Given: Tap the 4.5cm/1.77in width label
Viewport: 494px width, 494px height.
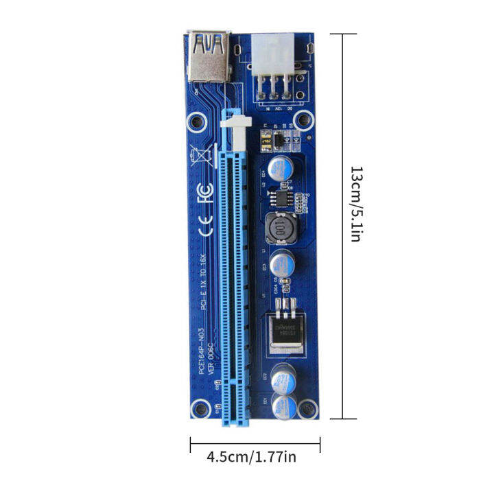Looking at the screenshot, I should (x=252, y=456).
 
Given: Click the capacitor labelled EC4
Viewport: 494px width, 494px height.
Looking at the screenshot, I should (x=283, y=169).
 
